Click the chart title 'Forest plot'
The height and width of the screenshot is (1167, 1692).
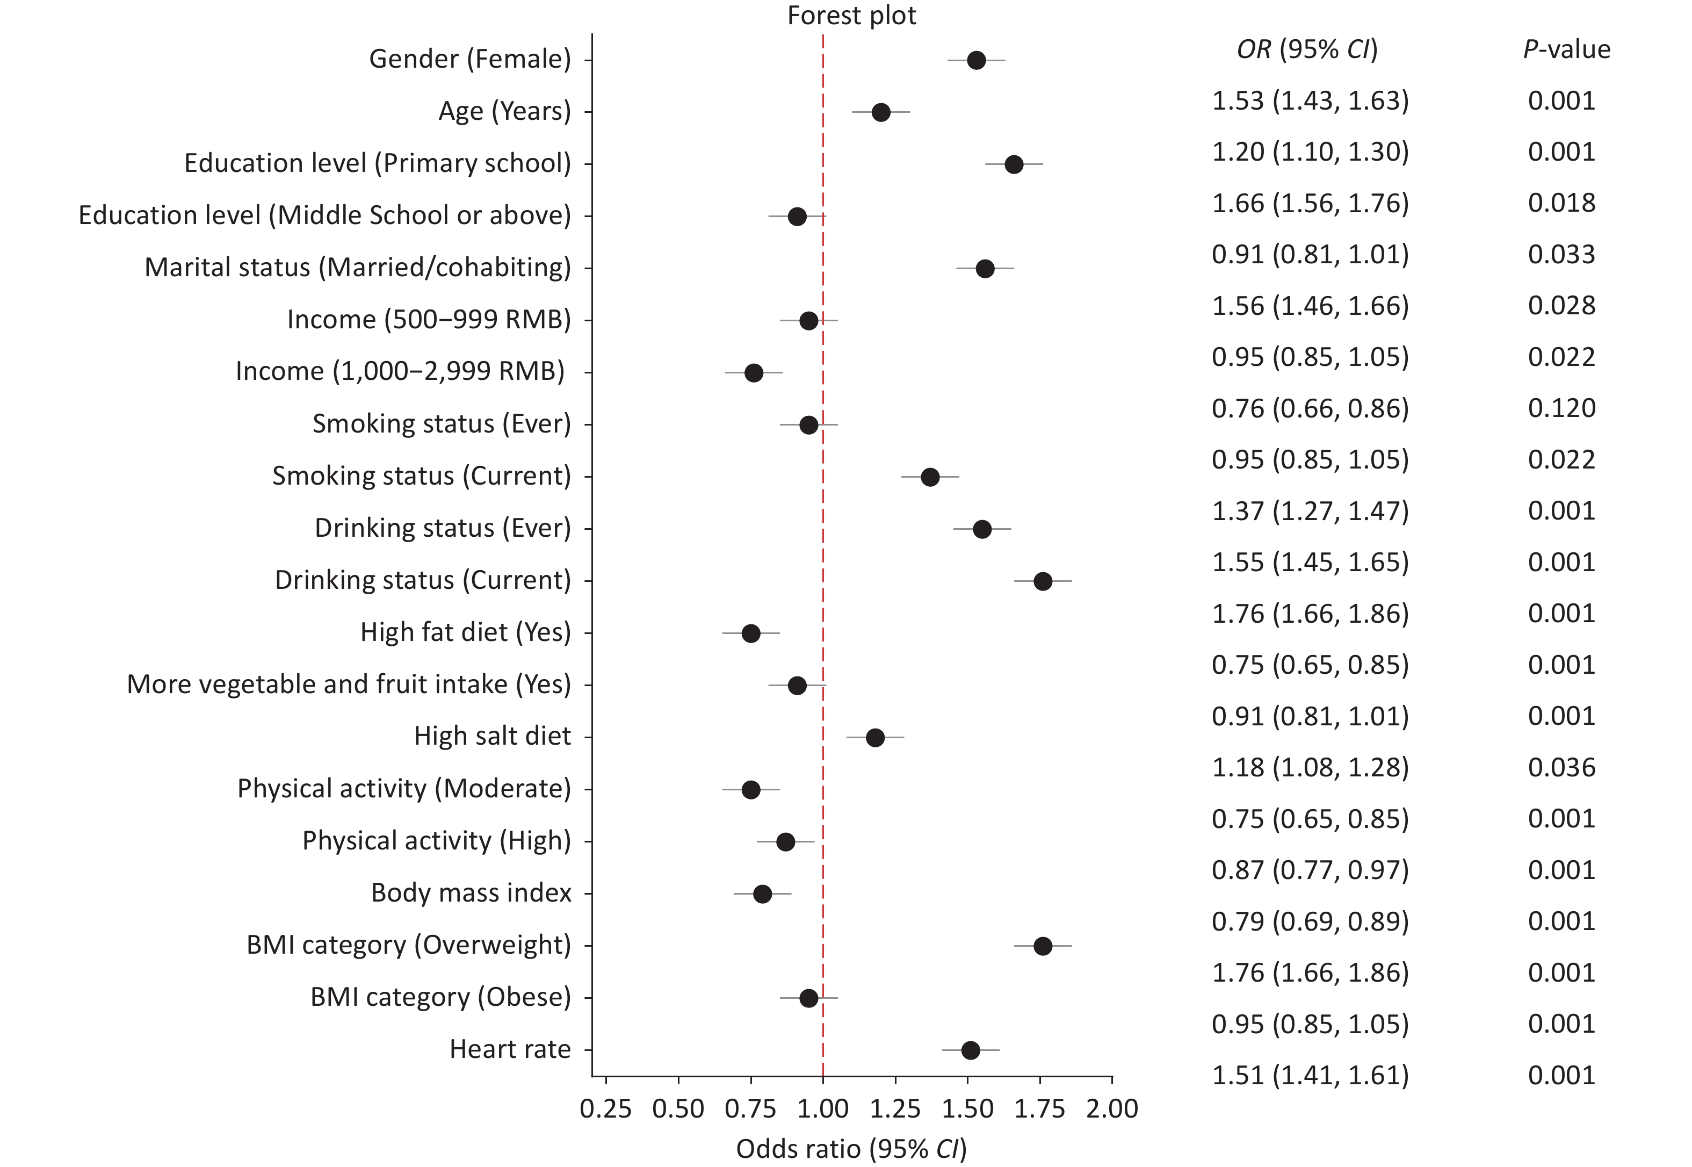click(851, 16)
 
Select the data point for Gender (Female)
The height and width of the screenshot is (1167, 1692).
click(976, 61)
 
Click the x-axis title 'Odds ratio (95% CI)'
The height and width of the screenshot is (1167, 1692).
click(851, 1149)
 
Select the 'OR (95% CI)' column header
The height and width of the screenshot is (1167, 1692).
click(1307, 49)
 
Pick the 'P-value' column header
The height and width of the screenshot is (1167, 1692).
click(1566, 49)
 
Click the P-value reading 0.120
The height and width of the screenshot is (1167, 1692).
click(1561, 408)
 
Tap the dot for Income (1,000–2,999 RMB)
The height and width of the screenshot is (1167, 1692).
click(754, 373)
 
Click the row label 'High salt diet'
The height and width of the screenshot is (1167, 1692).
click(492, 736)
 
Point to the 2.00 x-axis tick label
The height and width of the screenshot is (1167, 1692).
click(1112, 1108)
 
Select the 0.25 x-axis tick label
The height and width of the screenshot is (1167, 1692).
click(606, 1108)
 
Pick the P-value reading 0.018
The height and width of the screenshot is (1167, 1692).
click(1561, 203)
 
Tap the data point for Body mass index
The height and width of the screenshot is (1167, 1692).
click(762, 894)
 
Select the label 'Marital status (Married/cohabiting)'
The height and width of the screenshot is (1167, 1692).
click(357, 268)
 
